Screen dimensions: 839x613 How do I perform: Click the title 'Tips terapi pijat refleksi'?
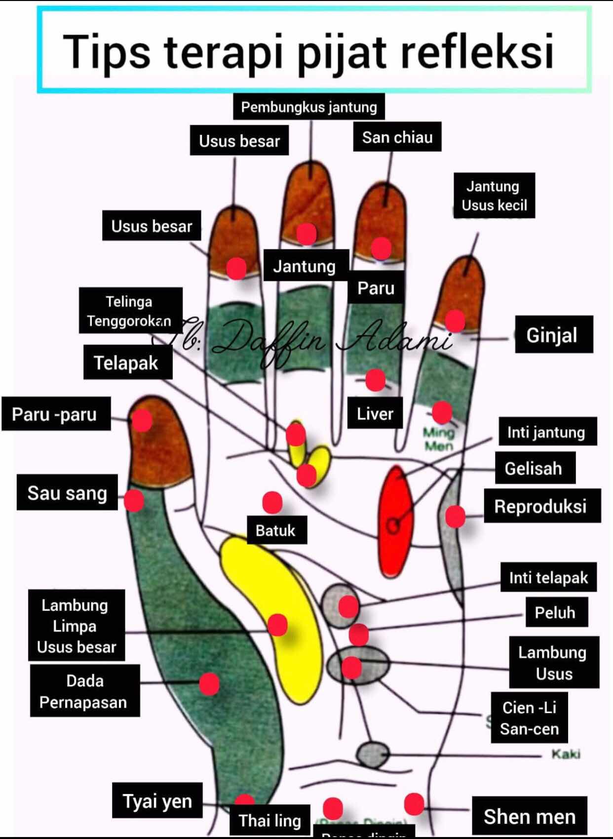pyautogui.click(x=309, y=51)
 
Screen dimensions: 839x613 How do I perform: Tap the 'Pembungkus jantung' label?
pyautogui.click(x=309, y=107)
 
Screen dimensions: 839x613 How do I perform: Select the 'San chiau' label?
pyautogui.click(x=397, y=137)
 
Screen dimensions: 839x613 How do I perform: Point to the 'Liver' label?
pyautogui.click(x=375, y=413)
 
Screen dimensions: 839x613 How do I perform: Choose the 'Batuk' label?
pyautogui.click(x=275, y=530)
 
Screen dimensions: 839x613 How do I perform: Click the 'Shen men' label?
pyautogui.click(x=530, y=816)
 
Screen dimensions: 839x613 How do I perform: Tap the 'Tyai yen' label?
pyautogui.click(x=157, y=800)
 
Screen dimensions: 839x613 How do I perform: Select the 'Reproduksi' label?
pyautogui.click(x=540, y=506)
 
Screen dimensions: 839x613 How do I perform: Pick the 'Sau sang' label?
pyautogui.click(x=67, y=493)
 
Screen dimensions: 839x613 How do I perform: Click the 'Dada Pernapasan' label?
pyautogui.click(x=84, y=691)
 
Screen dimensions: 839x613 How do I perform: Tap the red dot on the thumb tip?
pyautogui.click(x=142, y=421)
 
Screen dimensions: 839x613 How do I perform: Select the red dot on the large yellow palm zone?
pyautogui.click(x=277, y=625)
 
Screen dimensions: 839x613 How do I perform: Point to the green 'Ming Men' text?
pyautogui.click(x=438, y=439)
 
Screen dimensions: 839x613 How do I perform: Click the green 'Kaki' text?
pyautogui.click(x=566, y=754)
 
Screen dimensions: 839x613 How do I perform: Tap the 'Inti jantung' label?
pyautogui.click(x=546, y=432)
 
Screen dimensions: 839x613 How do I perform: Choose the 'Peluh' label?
pyautogui.click(x=555, y=612)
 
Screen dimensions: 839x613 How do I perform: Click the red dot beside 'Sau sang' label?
pyautogui.click(x=134, y=500)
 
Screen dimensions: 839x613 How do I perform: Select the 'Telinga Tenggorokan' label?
pyautogui.click(x=129, y=311)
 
